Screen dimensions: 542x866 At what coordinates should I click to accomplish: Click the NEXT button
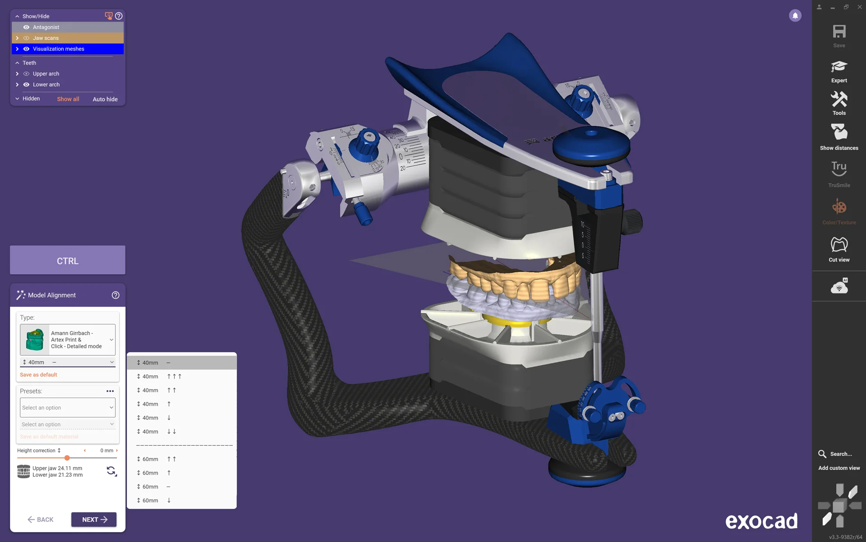tap(94, 519)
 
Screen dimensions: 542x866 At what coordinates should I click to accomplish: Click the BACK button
tap(41, 519)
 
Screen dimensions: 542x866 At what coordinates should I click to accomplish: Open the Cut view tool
tap(839, 249)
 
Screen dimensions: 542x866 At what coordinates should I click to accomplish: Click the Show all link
tap(68, 99)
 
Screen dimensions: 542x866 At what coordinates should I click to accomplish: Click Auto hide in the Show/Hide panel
tap(105, 99)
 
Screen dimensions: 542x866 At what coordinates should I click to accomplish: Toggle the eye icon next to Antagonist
tap(26, 27)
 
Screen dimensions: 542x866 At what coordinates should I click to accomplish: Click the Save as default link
tap(38, 375)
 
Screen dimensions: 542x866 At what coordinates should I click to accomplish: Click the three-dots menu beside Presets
tap(110, 391)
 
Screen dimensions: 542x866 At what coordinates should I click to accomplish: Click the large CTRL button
tap(68, 260)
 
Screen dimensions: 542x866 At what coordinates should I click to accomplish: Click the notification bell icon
tap(795, 16)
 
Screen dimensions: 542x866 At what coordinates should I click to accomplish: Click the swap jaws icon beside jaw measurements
tap(111, 471)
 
